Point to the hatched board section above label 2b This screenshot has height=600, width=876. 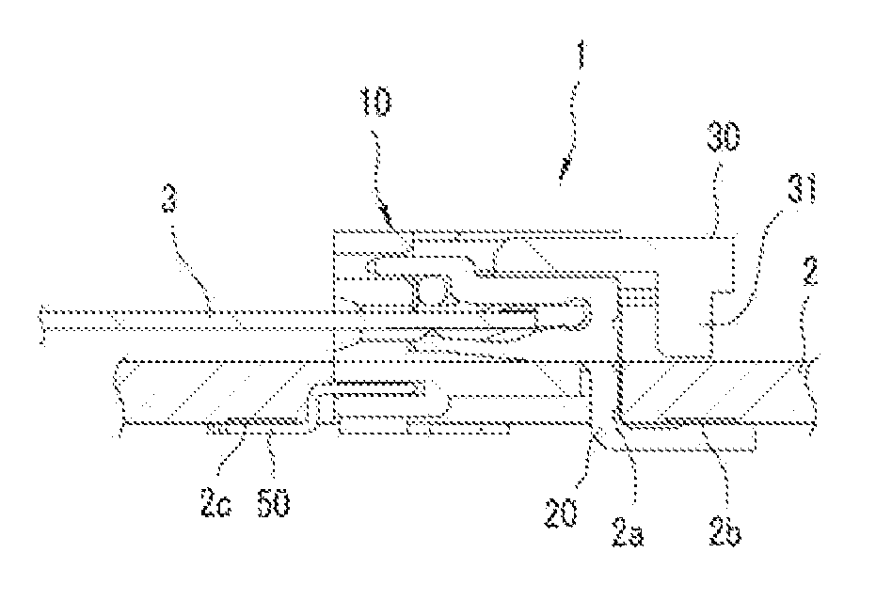click(x=715, y=391)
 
